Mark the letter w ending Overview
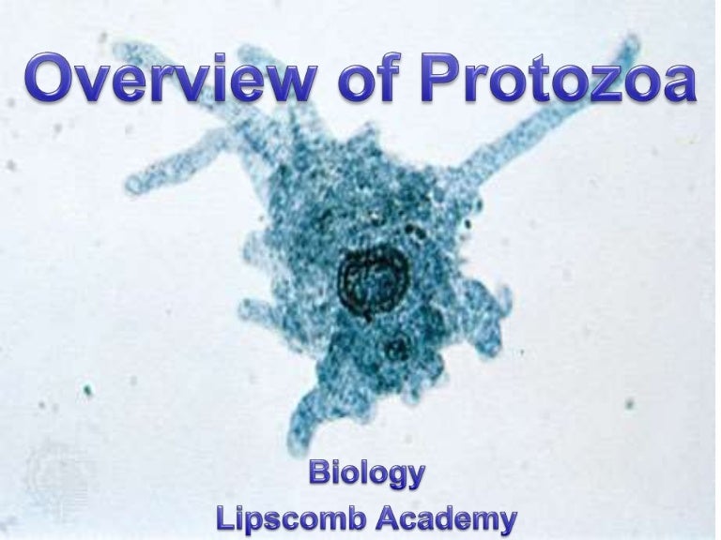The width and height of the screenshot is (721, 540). tap(282, 84)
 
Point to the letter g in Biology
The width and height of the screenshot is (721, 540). tap(393, 477)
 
